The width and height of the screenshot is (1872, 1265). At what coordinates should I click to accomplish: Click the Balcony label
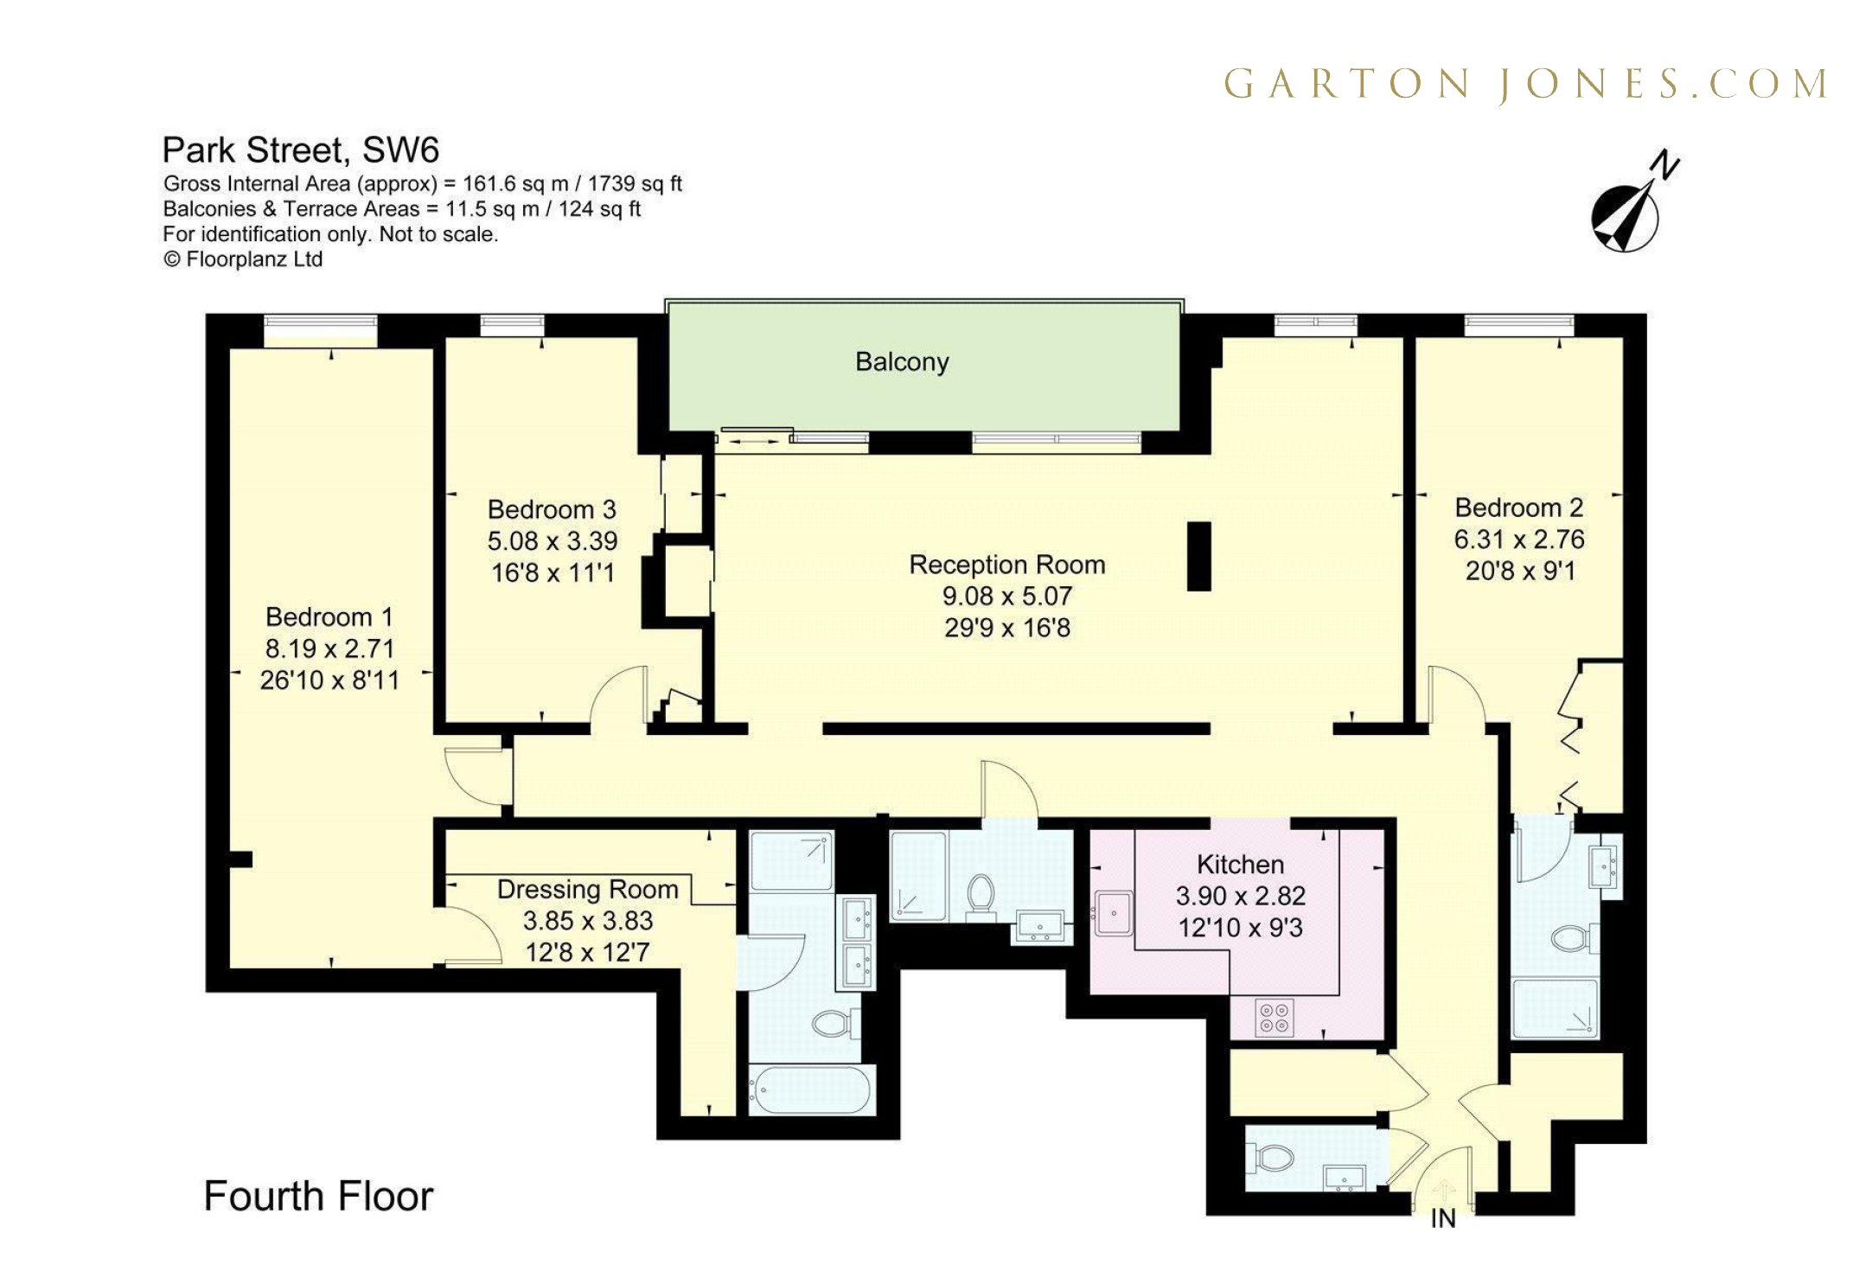(x=901, y=361)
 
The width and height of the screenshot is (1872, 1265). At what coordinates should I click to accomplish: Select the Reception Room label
(x=1006, y=565)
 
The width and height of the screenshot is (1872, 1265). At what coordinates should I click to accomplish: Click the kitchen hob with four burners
(x=1274, y=1017)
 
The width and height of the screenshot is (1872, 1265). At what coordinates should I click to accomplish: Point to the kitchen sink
(x=1114, y=913)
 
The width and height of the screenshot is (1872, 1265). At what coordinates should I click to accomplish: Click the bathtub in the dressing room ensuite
(x=810, y=1090)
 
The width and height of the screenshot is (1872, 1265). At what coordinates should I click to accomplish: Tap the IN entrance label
(x=1442, y=1218)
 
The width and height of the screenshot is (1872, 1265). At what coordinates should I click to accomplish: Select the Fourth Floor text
(x=318, y=1197)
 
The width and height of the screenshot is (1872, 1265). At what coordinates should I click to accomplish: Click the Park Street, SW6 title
(x=300, y=150)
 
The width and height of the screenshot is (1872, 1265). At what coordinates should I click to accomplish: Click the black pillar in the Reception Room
(x=1198, y=556)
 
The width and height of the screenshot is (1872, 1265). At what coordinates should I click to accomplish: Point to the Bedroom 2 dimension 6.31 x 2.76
(x=1518, y=540)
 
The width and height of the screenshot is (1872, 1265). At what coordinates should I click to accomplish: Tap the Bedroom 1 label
(x=329, y=617)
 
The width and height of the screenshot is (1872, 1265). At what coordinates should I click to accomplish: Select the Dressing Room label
(x=587, y=889)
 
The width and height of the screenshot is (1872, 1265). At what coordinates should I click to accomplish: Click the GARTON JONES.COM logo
(x=1525, y=85)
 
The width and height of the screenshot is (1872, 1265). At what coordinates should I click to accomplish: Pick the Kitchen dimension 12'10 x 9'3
(x=1239, y=928)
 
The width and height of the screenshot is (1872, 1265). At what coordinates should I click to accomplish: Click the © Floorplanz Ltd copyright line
(x=243, y=259)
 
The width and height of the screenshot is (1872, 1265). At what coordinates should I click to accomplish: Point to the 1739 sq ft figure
(x=635, y=183)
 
